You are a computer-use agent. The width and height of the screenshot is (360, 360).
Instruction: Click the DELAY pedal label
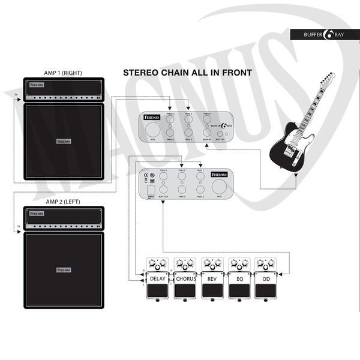pyautogui.click(x=157, y=278)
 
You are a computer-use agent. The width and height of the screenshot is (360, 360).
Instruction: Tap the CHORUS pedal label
pyautogui.click(x=185, y=278)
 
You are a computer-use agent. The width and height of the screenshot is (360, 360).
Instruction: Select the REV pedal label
pyautogui.click(x=212, y=278)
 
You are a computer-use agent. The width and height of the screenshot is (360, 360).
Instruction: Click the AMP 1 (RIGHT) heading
pyautogui.click(x=63, y=73)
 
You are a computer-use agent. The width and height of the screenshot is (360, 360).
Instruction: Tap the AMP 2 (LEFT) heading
pyautogui.click(x=63, y=201)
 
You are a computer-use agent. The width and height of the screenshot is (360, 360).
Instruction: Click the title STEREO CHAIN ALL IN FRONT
pyautogui.click(x=187, y=73)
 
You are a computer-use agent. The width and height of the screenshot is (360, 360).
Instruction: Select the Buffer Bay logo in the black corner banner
pyautogui.click(x=325, y=34)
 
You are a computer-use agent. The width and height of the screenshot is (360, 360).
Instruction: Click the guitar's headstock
pyautogui.click(x=327, y=79)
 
